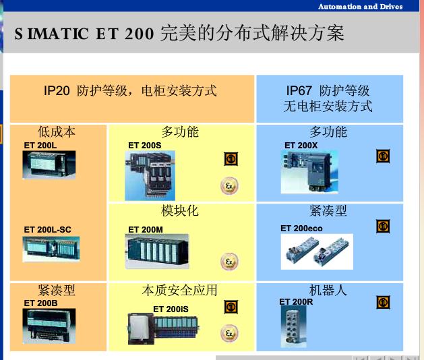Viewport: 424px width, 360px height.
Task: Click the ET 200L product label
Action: click(40, 145)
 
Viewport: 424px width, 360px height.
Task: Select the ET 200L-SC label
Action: click(47, 230)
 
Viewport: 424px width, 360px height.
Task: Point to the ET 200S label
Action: click(145, 145)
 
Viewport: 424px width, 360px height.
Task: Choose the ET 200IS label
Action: click(171, 309)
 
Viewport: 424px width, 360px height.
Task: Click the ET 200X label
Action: click(301, 145)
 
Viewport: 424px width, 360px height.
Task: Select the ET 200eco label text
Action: click(301, 229)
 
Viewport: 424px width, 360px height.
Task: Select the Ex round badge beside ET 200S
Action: click(230, 186)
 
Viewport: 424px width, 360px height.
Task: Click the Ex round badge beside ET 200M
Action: click(230, 262)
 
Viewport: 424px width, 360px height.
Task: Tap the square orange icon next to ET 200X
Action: click(383, 156)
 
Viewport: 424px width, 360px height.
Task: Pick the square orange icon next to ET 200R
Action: click(383, 303)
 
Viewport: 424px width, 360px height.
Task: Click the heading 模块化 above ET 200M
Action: click(180, 210)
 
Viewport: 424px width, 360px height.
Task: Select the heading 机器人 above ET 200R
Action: click(328, 290)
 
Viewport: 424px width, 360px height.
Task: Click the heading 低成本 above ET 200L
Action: click(57, 131)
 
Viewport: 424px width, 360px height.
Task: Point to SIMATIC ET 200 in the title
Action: click(85, 33)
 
